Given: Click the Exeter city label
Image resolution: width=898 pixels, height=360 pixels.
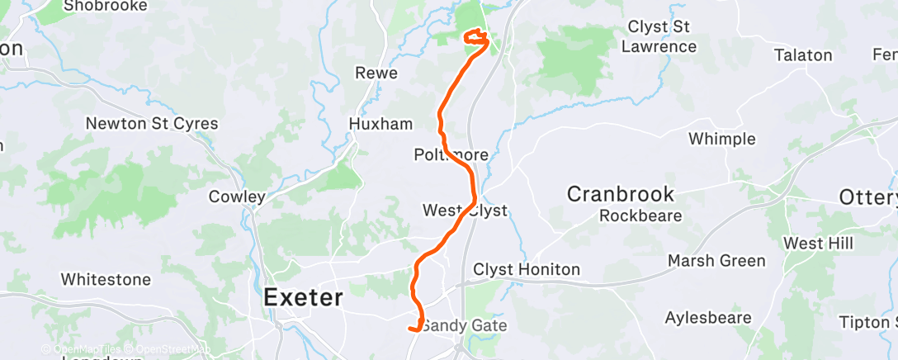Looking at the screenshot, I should pyautogui.click(x=303, y=297).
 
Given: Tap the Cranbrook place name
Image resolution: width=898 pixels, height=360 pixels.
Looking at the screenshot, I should pyautogui.click(x=621, y=195).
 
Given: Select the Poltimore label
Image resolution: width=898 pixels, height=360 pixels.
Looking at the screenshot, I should pyautogui.click(x=451, y=155).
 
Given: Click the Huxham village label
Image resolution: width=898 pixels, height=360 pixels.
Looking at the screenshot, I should pyautogui.click(x=380, y=125).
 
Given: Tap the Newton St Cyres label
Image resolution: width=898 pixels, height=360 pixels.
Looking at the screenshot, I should pyautogui.click(x=153, y=124).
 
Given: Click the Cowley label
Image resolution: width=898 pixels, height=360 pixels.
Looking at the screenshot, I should pyautogui.click(x=237, y=197).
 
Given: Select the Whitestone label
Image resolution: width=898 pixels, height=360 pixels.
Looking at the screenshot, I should pyautogui.click(x=106, y=279).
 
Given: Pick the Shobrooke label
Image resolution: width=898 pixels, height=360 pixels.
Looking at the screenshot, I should pyautogui.click(x=105, y=6).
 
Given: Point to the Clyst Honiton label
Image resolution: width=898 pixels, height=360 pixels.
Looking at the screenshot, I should pyautogui.click(x=527, y=270).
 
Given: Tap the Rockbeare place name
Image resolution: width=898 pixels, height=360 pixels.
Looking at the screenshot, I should pyautogui.click(x=640, y=216).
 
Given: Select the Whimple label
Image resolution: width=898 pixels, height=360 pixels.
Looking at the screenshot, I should pyautogui.click(x=722, y=138).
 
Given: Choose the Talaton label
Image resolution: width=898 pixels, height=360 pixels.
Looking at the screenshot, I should pyautogui.click(x=803, y=55).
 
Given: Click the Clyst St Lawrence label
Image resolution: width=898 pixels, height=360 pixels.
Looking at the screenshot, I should pyautogui.click(x=659, y=36).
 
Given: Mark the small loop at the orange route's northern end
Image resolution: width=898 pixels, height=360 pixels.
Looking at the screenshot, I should pyautogui.click(x=476, y=36).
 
